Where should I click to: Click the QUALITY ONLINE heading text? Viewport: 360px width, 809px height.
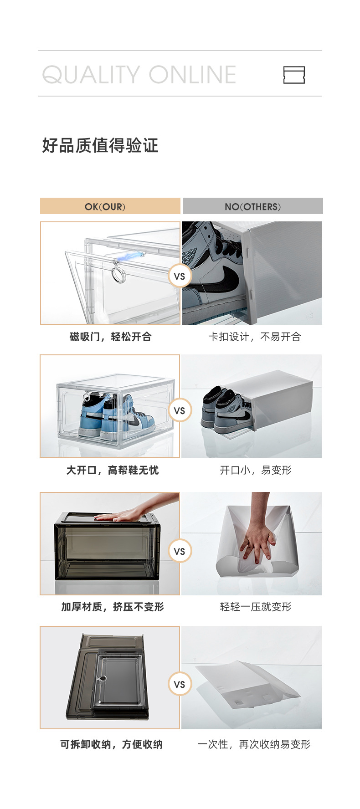139,75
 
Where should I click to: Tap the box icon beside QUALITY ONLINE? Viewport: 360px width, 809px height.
294,75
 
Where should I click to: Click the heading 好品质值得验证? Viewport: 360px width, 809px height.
100,146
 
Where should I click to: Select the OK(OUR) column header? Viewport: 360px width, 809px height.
110,206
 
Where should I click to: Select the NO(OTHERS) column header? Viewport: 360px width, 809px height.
252,206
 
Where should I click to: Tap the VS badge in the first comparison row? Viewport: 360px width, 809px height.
180,276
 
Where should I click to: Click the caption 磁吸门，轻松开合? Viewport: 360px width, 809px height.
110,337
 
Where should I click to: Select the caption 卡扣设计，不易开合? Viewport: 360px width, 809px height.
255,337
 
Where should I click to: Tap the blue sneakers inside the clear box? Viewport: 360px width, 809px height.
114,415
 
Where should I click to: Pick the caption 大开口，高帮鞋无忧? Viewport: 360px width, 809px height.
113,470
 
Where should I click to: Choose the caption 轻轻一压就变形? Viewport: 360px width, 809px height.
255,607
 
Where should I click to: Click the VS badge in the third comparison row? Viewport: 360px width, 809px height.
180,551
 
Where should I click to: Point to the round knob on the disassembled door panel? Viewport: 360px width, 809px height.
103,678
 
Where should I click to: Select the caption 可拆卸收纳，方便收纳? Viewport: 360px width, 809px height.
111,744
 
